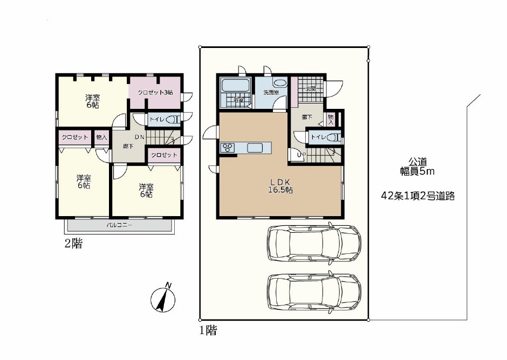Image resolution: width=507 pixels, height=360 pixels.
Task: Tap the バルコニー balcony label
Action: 119,225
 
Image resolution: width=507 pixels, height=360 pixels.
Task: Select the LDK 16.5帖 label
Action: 280,186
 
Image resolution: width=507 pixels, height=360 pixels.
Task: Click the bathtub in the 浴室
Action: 236,86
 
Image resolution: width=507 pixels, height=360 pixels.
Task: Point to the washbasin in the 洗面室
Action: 279,82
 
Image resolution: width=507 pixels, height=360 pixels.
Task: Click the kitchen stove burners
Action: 227,147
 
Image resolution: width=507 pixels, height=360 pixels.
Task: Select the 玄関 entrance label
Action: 311,88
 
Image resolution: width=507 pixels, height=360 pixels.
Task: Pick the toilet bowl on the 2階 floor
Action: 174,119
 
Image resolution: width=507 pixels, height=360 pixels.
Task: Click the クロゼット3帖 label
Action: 155,92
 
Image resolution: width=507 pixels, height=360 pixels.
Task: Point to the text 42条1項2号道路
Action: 418,196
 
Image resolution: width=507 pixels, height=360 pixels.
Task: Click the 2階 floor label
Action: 73,243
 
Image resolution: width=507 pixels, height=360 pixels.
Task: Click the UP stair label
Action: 301,155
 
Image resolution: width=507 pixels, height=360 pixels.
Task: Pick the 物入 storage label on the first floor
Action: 331,120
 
